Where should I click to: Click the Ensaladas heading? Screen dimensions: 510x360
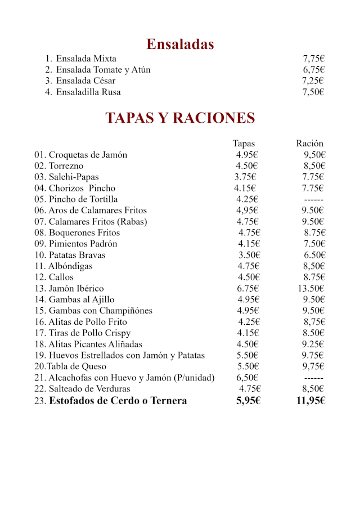(180, 44)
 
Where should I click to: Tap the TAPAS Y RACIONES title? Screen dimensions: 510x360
(180, 118)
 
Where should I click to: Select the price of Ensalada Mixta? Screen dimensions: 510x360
(314, 59)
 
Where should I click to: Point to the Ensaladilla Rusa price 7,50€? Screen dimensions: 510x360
(314, 92)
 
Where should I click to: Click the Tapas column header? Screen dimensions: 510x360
(244, 144)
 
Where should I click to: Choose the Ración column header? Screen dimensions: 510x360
(310, 144)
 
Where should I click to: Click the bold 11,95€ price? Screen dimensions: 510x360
(311, 401)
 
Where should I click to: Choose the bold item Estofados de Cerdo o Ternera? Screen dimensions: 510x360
(118, 401)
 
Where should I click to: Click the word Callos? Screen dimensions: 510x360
(61, 278)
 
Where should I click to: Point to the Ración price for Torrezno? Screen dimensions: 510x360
(314, 166)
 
